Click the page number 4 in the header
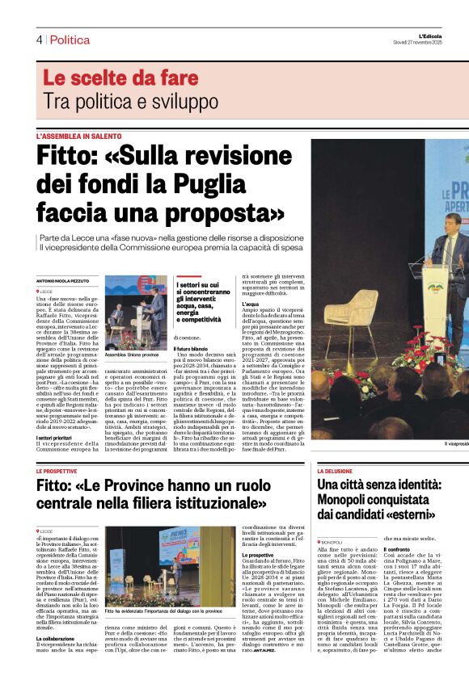click(x=38, y=40)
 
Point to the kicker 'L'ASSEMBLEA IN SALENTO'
click(x=78, y=136)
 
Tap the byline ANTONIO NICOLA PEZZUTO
click(x=65, y=281)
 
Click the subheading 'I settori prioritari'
click(x=57, y=415)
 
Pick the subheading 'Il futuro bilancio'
click(x=193, y=347)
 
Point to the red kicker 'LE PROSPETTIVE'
click(x=57, y=471)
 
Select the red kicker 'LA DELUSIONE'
click(x=335, y=471)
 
